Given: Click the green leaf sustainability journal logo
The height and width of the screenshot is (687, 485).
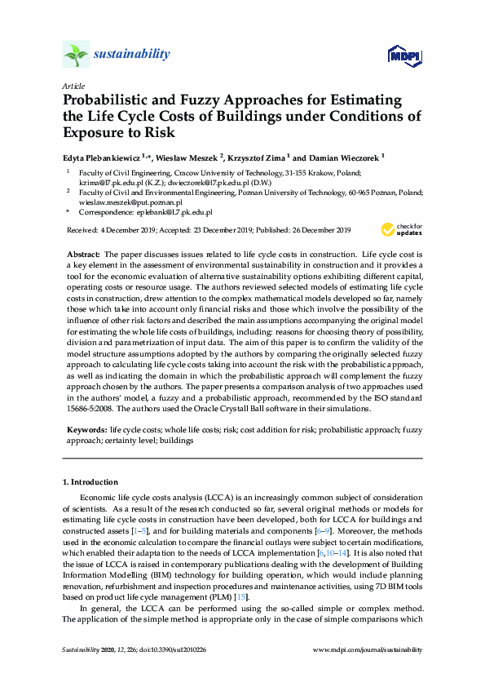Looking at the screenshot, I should point(75,55).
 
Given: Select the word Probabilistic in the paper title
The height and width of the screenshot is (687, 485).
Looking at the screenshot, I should point(109,100).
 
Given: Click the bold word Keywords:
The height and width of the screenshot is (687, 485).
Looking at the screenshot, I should point(86,428).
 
